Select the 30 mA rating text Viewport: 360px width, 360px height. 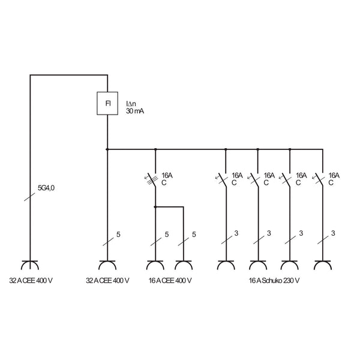pos(135,111)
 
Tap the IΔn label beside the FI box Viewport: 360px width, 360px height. pos(131,104)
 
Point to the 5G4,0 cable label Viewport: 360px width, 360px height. pos(46,188)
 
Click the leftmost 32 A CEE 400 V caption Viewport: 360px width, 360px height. pos(31,281)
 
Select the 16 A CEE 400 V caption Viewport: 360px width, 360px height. pos(170,281)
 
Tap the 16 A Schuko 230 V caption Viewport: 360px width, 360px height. pos(274,281)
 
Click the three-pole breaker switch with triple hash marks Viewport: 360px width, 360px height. pos(152,180)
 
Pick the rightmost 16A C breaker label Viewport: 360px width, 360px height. pos(334,179)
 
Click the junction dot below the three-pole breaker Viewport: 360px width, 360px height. pos(155,207)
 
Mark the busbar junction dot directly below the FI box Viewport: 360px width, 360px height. pos(107,149)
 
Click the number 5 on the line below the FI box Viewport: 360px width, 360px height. pos(118,235)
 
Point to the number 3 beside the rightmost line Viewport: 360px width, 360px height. pos(333,233)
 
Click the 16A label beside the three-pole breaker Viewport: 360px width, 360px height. pos(167,176)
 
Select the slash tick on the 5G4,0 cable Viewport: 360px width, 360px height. pos(29,197)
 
